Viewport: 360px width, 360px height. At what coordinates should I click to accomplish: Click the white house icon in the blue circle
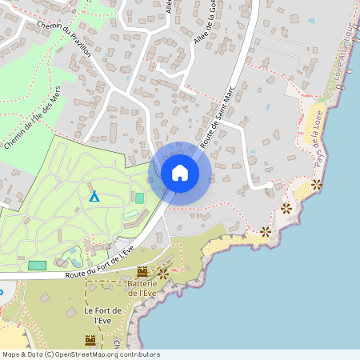tap(180, 173)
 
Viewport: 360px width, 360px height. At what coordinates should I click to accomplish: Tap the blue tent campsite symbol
tap(94, 195)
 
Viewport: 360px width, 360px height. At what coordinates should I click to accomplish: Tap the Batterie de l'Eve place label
tap(142, 289)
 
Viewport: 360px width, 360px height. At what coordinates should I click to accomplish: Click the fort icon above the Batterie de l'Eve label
tap(142, 272)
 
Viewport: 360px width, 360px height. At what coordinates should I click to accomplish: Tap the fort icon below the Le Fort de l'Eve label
tap(90, 340)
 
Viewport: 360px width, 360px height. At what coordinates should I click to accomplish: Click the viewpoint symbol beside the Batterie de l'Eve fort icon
tap(162, 273)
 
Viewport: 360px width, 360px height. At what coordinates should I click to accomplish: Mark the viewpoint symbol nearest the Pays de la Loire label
tap(317, 184)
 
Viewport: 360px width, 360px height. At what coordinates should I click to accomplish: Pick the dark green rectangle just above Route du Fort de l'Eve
tap(38, 265)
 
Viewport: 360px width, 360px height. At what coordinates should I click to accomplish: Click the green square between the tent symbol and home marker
tap(139, 198)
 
